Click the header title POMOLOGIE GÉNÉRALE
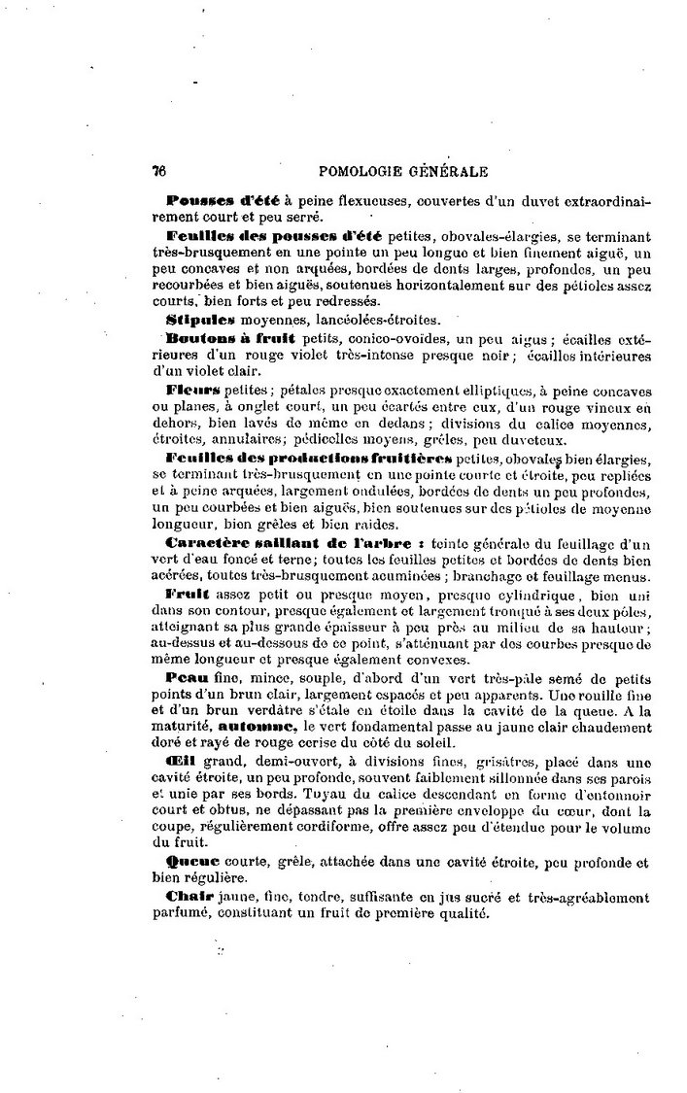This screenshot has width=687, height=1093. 403,171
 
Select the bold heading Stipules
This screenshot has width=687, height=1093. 196,318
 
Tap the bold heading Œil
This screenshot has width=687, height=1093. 182,760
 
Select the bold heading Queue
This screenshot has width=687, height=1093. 191,861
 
